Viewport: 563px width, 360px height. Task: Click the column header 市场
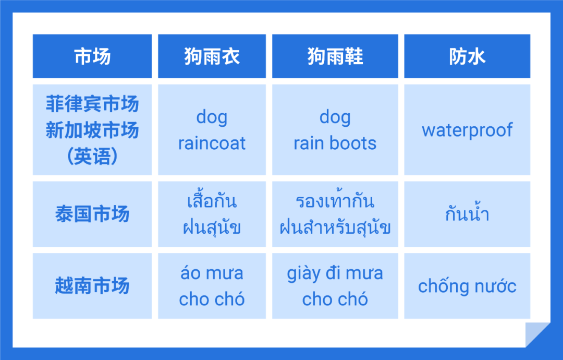coord(92,56)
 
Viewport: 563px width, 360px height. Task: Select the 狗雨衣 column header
coord(212,56)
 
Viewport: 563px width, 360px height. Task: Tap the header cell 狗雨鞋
coord(335,56)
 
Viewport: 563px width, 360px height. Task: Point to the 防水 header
coord(467,56)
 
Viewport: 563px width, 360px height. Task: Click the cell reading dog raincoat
coord(212,130)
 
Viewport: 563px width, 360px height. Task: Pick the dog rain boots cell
coord(335,130)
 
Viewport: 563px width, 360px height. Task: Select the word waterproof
coord(467,130)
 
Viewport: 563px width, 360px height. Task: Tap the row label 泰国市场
coord(92,214)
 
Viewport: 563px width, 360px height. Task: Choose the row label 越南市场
coord(92,286)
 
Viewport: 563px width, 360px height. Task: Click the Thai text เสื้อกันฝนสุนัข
coord(212,214)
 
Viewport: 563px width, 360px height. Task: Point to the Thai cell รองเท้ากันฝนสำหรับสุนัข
coord(335,214)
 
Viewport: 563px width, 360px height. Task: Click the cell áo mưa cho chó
coord(212,286)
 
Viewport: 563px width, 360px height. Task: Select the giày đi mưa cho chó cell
coord(335,286)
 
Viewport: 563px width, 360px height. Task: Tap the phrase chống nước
coord(467,286)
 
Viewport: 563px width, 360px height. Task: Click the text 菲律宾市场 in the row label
coord(92,104)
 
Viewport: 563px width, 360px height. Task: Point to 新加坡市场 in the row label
coord(92,130)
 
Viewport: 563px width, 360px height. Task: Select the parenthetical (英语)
coord(92,156)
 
